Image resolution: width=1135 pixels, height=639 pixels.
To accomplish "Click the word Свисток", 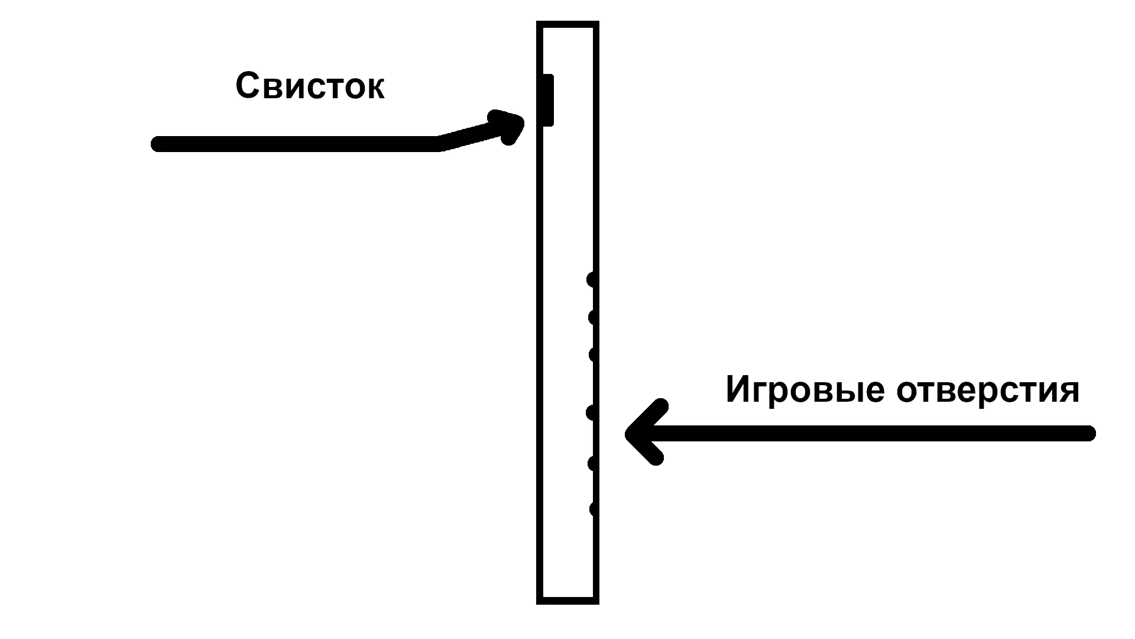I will pyautogui.click(x=310, y=86).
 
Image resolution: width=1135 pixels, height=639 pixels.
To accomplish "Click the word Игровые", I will pyautogui.click(x=805, y=390).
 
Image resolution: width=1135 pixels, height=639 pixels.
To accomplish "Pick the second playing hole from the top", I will pyautogui.click(x=593, y=318).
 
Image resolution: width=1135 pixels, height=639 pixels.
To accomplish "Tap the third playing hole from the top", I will pyautogui.click(x=594, y=355).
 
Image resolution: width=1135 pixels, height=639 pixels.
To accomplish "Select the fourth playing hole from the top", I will pyautogui.click(x=592, y=412).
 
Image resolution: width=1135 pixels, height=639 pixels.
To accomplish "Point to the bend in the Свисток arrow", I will pyautogui.click(x=439, y=143).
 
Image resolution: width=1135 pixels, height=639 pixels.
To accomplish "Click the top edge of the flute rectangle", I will pyautogui.click(x=567, y=24).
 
